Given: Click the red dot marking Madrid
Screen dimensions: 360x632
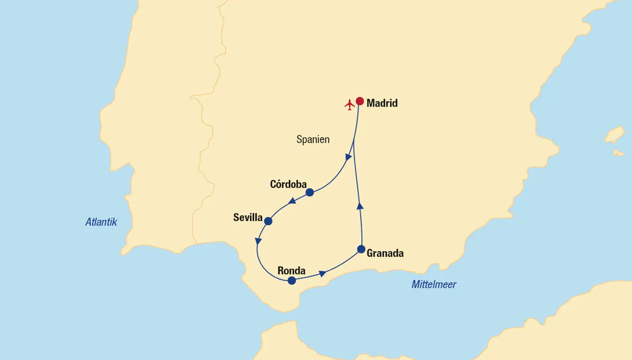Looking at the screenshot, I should tap(359, 101).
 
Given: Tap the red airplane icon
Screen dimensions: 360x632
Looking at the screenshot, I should tap(349, 105).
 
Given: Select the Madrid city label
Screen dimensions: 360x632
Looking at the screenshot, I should tap(382, 103).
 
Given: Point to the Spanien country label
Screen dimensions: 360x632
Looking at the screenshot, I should tap(313, 140).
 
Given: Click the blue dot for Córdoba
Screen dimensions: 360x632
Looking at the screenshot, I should tap(309, 192).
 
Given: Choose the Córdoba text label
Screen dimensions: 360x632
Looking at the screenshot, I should tap(288, 184).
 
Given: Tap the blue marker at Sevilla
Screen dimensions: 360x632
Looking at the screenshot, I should tap(268, 221).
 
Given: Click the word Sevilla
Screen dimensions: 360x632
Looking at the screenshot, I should tap(248, 217).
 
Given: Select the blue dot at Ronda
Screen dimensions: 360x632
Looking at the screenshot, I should tap(292, 281).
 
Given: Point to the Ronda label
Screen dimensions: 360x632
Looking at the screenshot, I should tap(291, 270).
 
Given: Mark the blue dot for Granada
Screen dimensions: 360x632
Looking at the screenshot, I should tap(361, 249).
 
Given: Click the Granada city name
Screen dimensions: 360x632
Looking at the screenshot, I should tap(385, 253).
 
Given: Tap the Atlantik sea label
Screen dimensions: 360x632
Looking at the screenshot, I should tap(101, 222).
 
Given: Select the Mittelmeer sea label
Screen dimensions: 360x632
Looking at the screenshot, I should tap(434, 284).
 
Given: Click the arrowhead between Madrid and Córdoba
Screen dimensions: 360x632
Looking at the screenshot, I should tap(348, 157).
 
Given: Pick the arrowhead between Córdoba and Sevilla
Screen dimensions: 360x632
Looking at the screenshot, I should tap(291, 201).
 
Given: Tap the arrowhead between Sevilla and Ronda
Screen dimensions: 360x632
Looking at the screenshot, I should tap(258, 241).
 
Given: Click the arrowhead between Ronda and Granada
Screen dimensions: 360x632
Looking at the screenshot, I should tap(322, 274).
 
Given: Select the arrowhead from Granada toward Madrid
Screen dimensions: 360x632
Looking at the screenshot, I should tap(360, 206).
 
